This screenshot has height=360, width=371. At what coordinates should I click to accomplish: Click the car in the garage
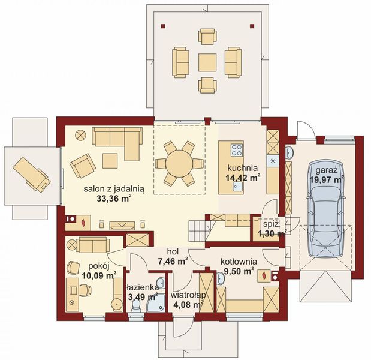325,208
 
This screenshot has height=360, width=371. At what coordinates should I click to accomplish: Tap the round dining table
179,163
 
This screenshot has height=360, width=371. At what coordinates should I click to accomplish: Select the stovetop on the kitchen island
237,150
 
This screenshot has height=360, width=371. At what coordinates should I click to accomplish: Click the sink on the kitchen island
237,187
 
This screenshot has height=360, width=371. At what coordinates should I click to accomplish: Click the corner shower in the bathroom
156,303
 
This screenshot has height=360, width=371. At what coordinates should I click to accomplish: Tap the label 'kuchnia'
242,168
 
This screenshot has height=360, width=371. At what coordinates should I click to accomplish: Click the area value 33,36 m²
114,199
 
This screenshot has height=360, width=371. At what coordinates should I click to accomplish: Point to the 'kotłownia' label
239,262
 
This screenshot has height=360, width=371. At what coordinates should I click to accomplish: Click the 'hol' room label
173,251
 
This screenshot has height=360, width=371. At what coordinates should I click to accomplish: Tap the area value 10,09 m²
99,275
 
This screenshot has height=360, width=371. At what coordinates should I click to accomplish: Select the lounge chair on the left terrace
32,174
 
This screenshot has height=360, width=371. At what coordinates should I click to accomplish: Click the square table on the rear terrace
207,62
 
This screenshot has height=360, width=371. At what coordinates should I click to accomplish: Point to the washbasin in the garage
289,152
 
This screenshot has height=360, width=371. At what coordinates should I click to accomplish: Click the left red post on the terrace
163,26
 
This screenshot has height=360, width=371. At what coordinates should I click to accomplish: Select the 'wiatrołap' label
188,295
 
